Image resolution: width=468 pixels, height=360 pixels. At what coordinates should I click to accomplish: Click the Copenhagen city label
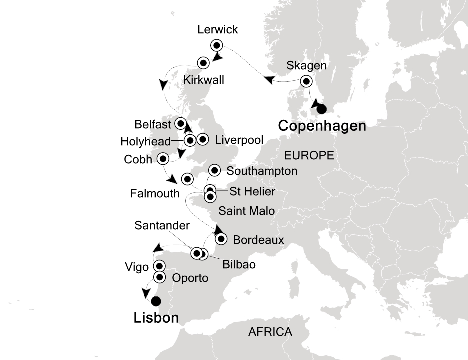click(322, 127)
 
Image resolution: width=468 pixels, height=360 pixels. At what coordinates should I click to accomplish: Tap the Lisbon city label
click(156, 318)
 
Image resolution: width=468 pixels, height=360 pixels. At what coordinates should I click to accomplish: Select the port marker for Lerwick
click(216, 45)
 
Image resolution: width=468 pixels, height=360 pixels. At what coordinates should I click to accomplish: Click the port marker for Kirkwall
click(203, 63)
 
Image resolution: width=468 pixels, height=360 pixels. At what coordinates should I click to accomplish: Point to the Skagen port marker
click(306, 81)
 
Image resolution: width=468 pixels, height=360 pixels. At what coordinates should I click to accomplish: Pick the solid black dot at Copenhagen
click(321, 109)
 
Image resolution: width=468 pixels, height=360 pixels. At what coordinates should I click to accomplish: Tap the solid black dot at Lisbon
click(156, 301)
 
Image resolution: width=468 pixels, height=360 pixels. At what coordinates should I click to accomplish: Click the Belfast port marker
click(180, 123)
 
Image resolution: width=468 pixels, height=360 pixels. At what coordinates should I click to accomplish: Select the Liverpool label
click(239, 141)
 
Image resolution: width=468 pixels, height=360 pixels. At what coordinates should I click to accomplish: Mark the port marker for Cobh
click(162, 159)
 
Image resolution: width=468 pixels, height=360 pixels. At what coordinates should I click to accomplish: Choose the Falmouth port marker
click(187, 178)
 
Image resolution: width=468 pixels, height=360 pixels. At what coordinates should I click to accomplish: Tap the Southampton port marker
click(215, 171)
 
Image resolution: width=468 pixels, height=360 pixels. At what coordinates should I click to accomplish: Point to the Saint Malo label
click(246, 211)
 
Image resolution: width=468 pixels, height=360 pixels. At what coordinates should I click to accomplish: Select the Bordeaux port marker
click(219, 239)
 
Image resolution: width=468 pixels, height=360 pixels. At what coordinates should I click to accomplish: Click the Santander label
click(162, 226)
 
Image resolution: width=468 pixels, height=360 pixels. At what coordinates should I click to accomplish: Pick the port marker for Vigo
click(159, 266)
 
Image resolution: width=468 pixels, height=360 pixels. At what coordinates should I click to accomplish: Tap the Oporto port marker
click(159, 277)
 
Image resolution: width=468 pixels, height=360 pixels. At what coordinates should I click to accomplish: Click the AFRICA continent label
click(270, 332)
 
